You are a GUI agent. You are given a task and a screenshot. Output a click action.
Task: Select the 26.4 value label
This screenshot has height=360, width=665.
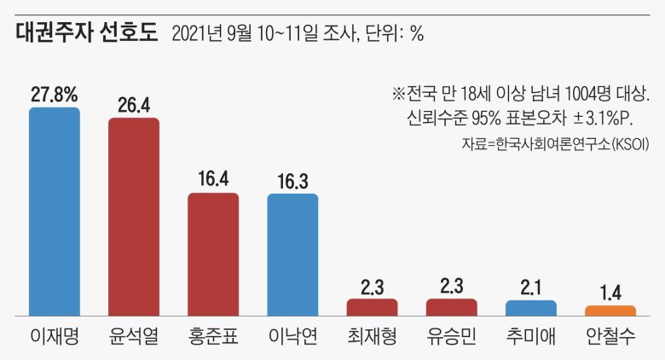point(134,104)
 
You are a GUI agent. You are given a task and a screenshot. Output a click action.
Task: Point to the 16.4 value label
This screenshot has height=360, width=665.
point(213,180)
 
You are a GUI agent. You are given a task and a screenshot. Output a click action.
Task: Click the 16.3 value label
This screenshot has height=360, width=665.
point(292,181)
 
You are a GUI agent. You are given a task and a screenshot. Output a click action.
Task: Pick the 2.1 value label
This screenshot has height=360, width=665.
point(531,287)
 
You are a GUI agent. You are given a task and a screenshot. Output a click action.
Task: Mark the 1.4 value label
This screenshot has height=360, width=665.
point(610,293)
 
